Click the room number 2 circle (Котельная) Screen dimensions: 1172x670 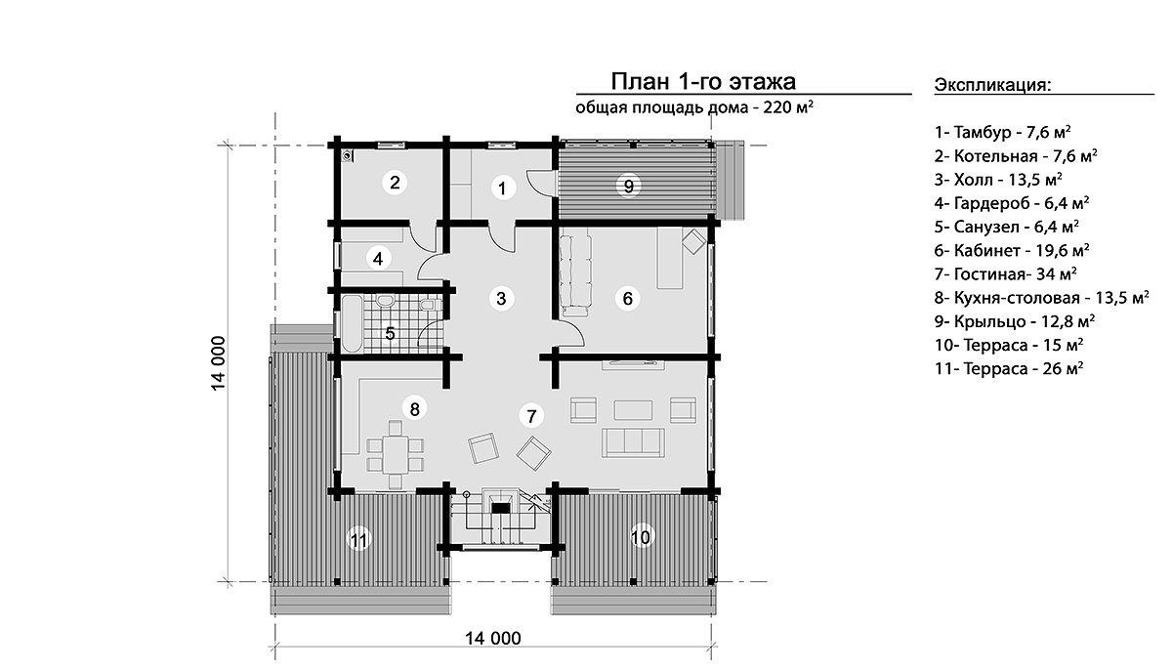point(395,182)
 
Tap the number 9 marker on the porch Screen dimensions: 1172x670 point(628,186)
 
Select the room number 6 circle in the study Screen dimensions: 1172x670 point(627,299)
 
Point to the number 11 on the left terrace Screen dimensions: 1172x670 point(359,539)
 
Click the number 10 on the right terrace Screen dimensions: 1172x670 point(641,537)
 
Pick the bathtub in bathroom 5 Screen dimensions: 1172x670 point(352,323)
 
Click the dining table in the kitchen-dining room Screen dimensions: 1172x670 point(396,455)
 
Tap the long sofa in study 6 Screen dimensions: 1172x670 point(575,275)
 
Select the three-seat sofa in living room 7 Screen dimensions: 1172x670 point(633,443)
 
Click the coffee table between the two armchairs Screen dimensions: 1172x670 point(633,410)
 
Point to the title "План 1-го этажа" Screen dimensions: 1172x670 point(704,82)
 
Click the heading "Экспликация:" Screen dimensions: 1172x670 point(992,85)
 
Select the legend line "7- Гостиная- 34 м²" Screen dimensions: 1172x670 point(1006,274)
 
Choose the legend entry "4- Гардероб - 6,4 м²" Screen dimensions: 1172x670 point(1012,203)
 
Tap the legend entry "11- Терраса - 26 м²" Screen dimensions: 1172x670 point(1009,369)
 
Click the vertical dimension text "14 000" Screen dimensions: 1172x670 point(218,363)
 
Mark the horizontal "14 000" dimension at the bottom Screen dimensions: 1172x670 point(493,638)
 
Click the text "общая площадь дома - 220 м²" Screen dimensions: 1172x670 point(694,107)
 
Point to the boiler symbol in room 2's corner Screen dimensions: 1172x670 point(347,155)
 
